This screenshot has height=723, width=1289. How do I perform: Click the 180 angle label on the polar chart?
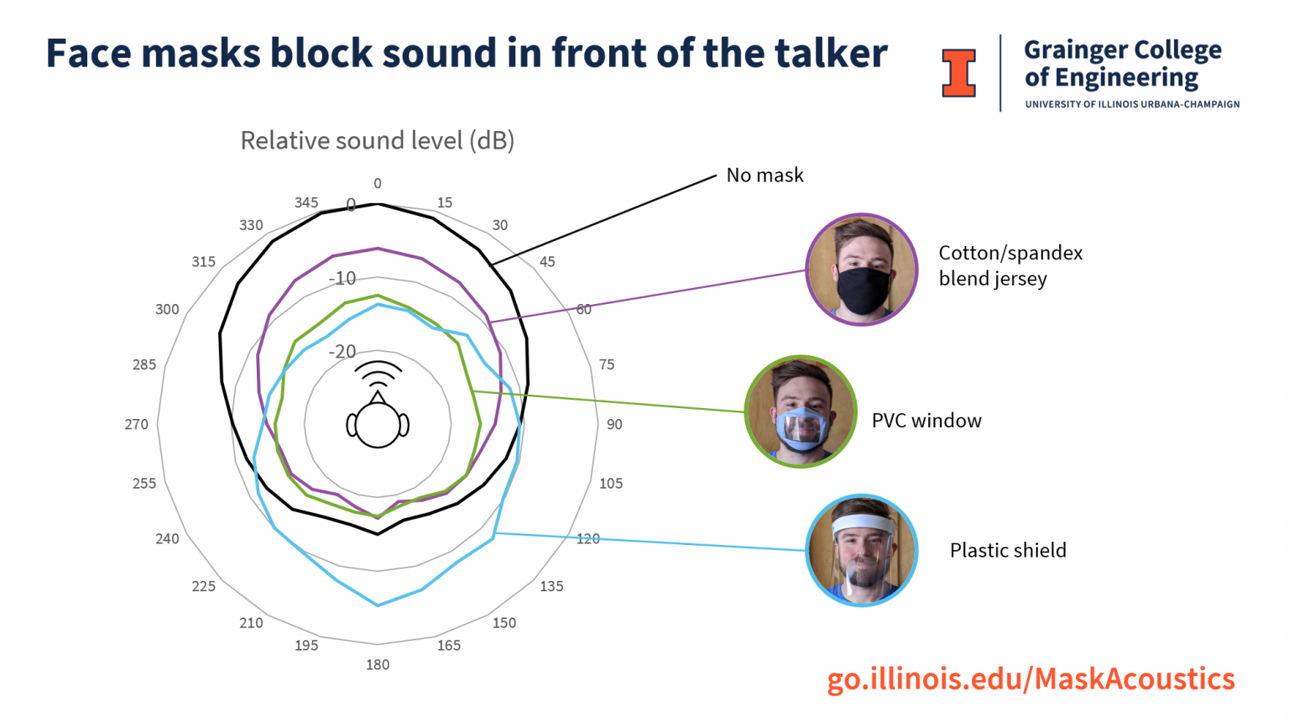pyautogui.click(x=378, y=664)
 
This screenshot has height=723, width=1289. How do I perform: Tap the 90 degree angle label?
pyautogui.click(x=614, y=424)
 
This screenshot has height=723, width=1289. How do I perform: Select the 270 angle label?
pyautogui.click(x=137, y=424)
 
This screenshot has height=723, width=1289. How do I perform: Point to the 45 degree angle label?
pyautogui.click(x=547, y=261)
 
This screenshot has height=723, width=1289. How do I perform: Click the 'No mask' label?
pyautogui.click(x=765, y=175)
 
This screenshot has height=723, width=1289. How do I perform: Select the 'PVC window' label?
pyautogui.click(x=926, y=421)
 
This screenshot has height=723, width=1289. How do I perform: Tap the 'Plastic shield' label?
pyautogui.click(x=1008, y=550)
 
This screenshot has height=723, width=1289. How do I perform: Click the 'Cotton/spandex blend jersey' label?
pyautogui.click(x=1010, y=265)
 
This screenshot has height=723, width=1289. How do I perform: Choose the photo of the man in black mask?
pyautogui.click(x=862, y=270)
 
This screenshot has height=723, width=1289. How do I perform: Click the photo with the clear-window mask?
pyautogui.click(x=801, y=411)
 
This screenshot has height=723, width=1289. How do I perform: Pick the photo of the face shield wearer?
pyautogui.click(x=862, y=550)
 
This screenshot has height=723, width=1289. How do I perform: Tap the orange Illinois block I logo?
pyautogui.click(x=958, y=73)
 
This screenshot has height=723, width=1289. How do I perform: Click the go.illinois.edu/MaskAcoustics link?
pyautogui.click(x=1031, y=678)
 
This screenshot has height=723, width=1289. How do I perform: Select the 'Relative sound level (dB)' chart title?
pyautogui.click(x=378, y=140)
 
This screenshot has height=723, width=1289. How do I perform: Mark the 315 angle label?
pyautogui.click(x=204, y=261)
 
